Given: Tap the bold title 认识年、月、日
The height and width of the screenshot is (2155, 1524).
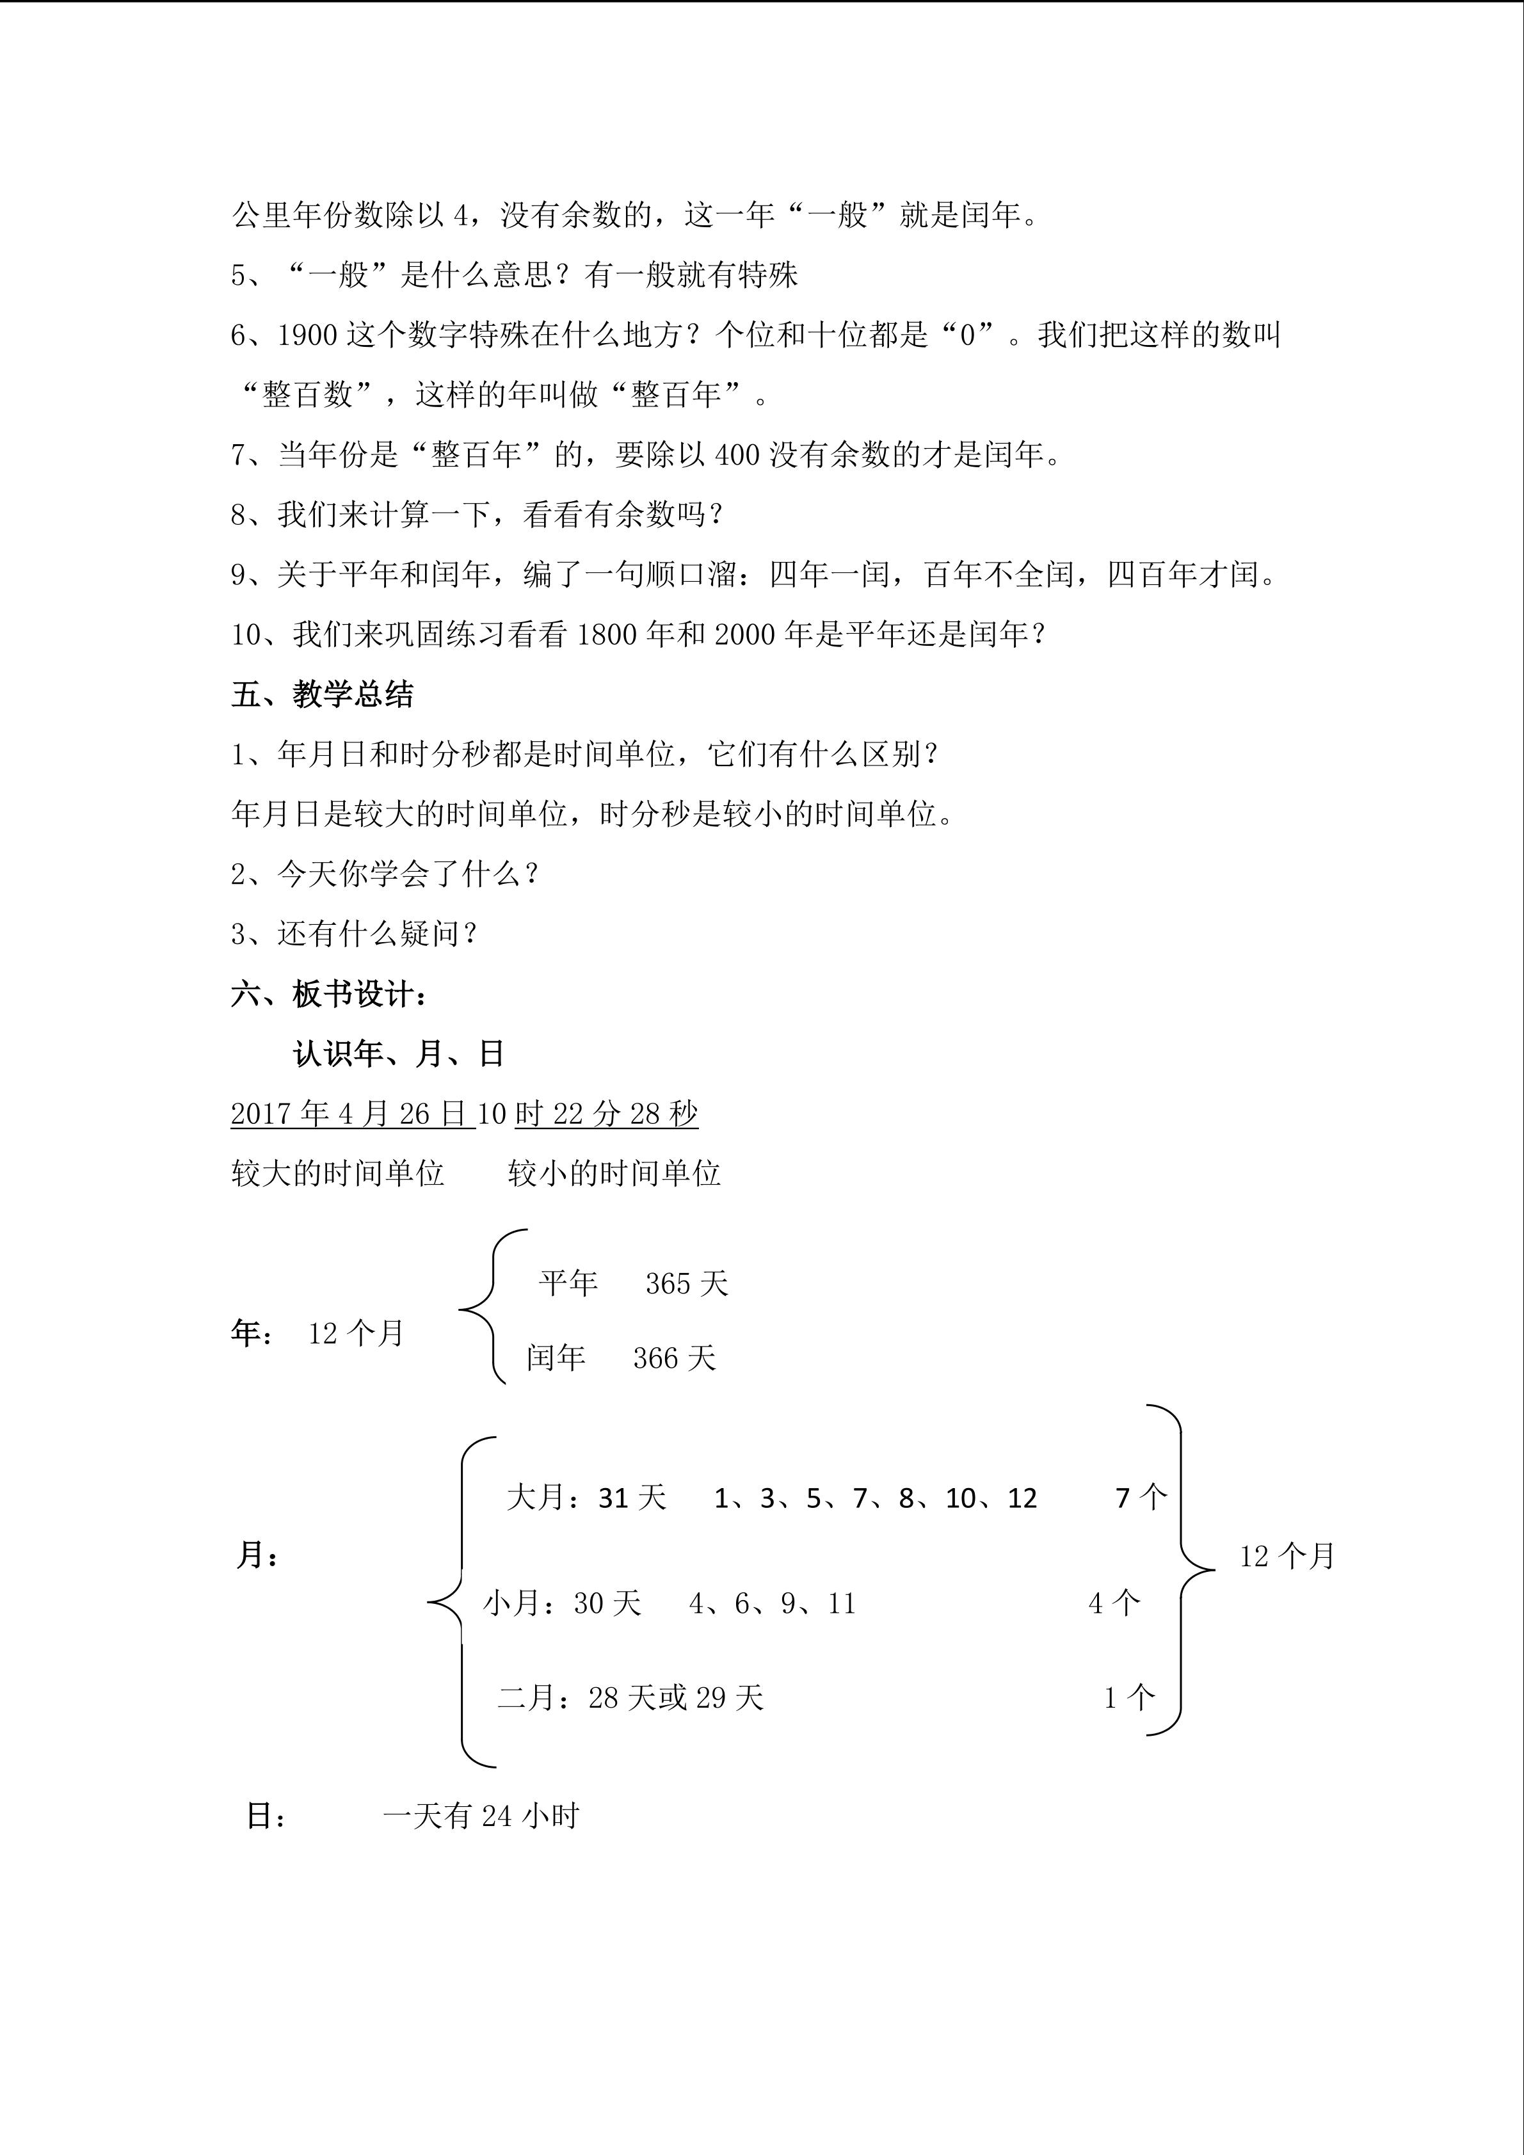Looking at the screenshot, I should point(399,1054).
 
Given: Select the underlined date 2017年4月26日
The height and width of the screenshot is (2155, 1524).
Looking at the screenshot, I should point(353,1114).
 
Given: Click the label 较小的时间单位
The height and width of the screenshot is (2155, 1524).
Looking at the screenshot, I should point(614,1173).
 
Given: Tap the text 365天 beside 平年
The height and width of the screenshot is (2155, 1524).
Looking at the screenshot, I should point(686,1284).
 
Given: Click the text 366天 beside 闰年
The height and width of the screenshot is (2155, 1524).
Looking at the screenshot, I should point(674,1358).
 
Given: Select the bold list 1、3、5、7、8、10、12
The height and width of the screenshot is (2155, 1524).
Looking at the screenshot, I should point(874,1498).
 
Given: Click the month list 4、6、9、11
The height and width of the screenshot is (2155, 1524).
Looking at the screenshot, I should point(773,1603).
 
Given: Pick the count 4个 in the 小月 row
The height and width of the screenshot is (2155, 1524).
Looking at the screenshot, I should point(1114,1603).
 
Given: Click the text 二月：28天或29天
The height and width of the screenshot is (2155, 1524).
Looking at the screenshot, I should point(630,1697).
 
